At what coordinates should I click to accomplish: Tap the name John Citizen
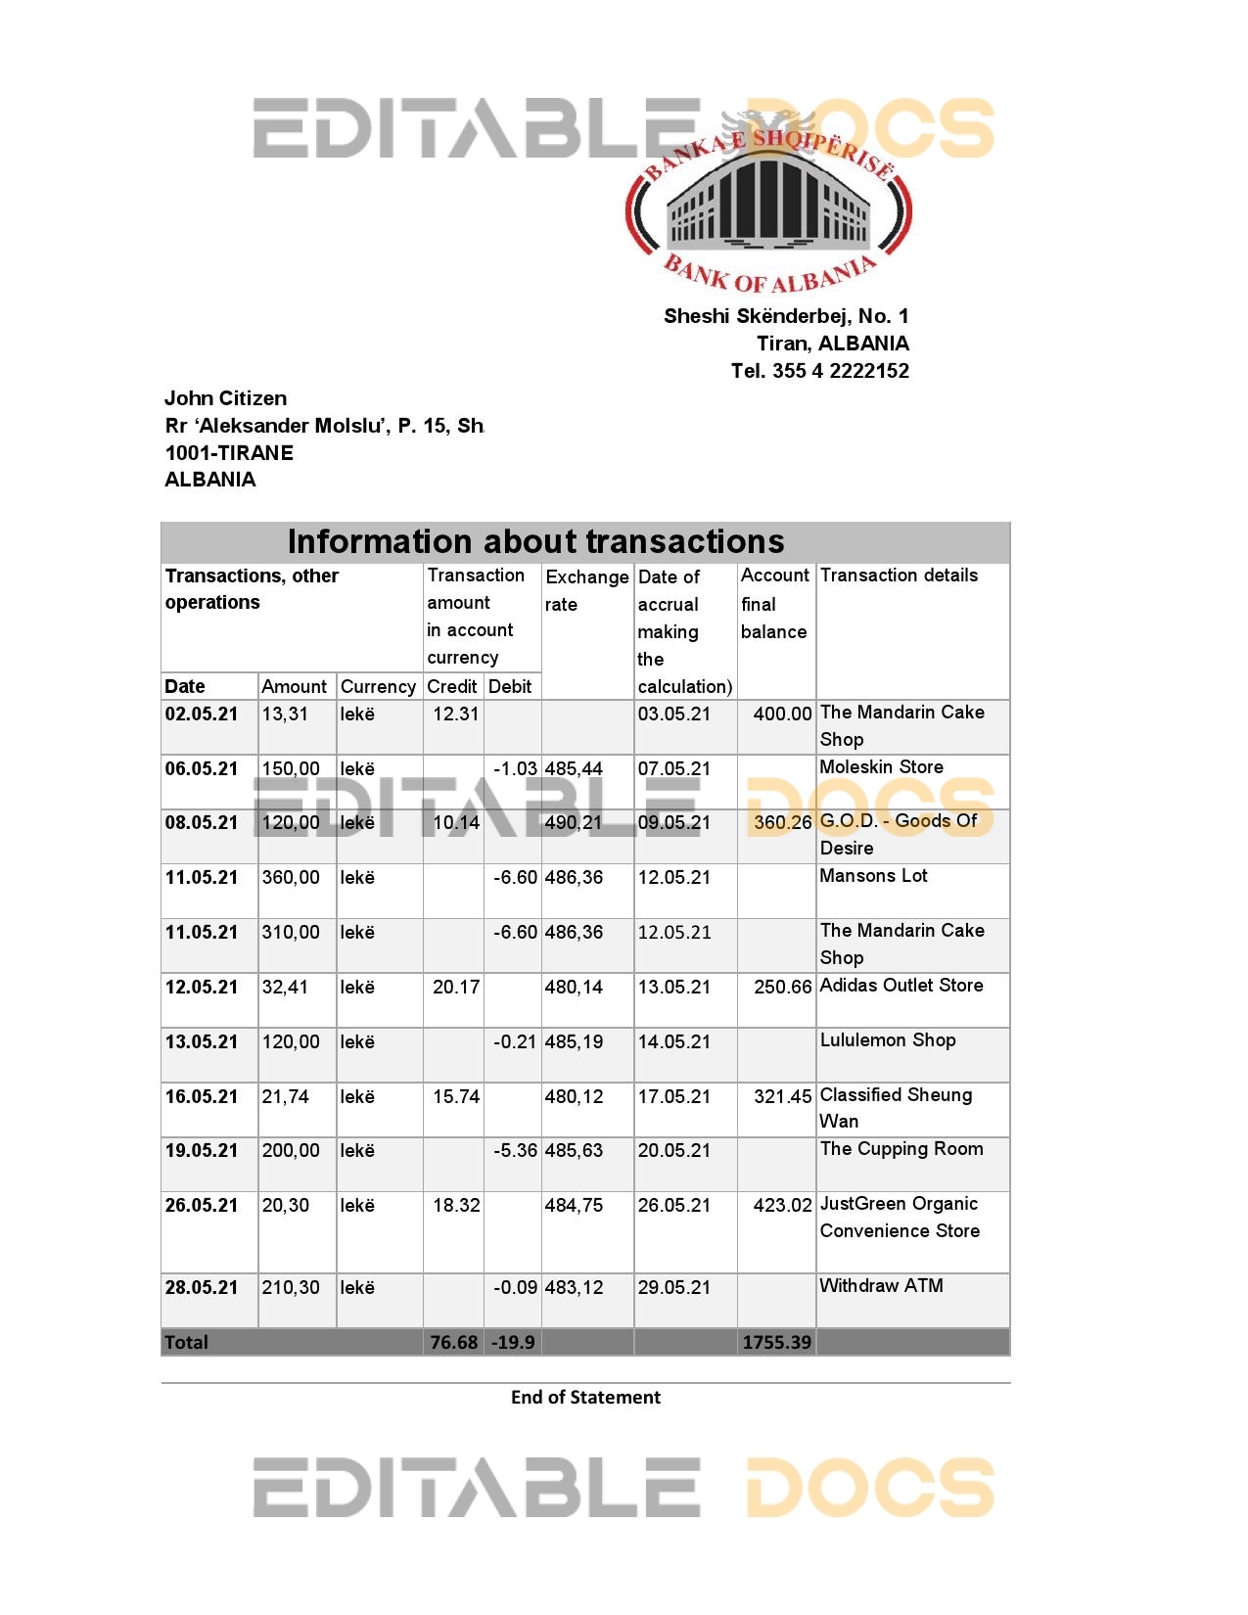(x=225, y=398)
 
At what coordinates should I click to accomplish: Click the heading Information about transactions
(x=535, y=541)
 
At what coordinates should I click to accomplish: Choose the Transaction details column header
(x=899, y=576)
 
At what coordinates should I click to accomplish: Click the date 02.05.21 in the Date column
(x=201, y=715)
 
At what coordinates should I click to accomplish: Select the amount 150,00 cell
(x=291, y=769)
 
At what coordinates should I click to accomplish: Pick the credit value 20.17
(x=456, y=988)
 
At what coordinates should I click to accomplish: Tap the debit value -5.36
(x=515, y=1151)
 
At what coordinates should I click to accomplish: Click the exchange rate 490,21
(x=574, y=823)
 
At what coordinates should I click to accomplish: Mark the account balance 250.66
(x=782, y=988)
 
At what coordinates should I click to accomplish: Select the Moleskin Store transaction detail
(x=881, y=767)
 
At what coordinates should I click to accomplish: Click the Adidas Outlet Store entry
(x=901, y=986)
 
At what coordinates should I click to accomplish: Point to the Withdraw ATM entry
(x=881, y=1286)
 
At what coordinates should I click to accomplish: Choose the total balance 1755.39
(x=776, y=1343)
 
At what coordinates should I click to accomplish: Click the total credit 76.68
(x=454, y=1343)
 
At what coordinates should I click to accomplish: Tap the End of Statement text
(x=585, y=1398)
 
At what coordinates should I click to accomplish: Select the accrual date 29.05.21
(x=674, y=1288)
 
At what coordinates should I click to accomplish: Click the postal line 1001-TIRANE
(x=229, y=453)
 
